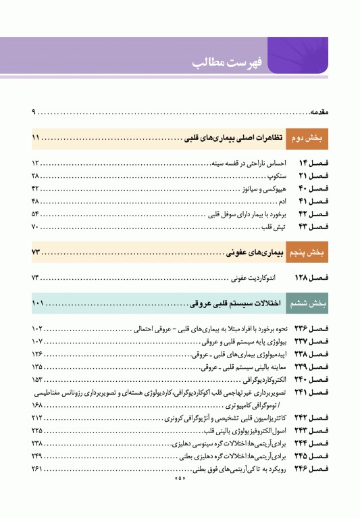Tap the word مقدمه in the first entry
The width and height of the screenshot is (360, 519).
click(x=319, y=110)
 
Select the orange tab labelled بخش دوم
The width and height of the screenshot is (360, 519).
click(x=308, y=139)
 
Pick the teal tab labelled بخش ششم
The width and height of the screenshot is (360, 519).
click(x=308, y=303)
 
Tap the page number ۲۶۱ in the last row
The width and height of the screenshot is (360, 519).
click(x=37, y=468)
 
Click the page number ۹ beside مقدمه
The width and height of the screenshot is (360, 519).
click(x=33, y=110)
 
